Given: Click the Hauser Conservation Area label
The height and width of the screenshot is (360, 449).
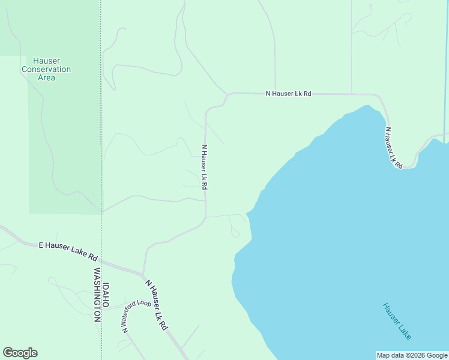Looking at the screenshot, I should click(x=46, y=69).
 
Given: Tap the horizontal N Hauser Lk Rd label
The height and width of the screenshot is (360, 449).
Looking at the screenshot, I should click(x=289, y=94).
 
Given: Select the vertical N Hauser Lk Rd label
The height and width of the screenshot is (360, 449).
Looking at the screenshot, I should click(x=204, y=167).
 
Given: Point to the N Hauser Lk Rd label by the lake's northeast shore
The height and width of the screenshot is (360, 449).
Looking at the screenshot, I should click(x=394, y=147).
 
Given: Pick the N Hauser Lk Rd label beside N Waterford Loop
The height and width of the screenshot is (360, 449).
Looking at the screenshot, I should click(x=155, y=304).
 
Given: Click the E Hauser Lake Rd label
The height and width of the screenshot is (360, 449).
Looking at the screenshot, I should click(x=68, y=251).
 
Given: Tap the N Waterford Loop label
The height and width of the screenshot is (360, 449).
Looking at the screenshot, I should click(x=136, y=316).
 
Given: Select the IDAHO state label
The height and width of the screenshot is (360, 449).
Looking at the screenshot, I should click(x=106, y=295).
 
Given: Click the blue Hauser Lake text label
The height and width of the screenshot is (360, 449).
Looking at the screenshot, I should click(x=397, y=321).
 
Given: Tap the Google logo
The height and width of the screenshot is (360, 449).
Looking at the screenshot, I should click(x=20, y=353).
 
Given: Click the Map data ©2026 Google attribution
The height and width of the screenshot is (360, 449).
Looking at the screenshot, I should click(x=412, y=355).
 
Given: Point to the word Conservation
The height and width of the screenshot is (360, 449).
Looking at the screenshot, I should click(x=46, y=69).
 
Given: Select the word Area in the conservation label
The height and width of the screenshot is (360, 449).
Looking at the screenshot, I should click(x=46, y=77).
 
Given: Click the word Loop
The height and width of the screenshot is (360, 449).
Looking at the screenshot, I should click(x=144, y=303).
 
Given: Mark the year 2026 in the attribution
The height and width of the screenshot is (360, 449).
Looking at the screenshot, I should click(x=416, y=355).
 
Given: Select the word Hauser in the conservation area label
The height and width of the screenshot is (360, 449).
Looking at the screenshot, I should click(x=46, y=61).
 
